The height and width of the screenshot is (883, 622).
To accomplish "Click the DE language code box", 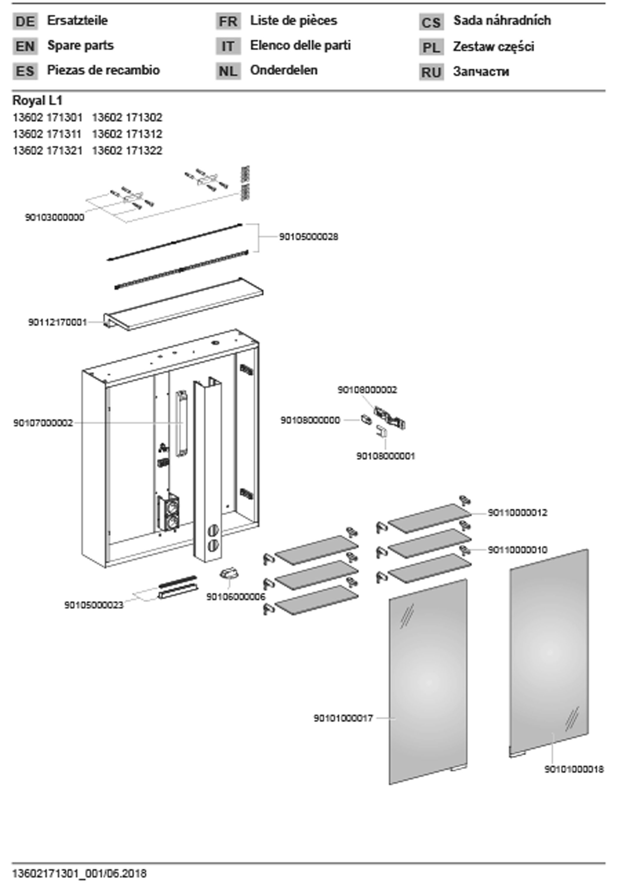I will tap(25, 21).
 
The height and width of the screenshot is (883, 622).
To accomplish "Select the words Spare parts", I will tap(80, 45).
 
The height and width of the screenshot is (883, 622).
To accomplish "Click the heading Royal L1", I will tap(37, 101).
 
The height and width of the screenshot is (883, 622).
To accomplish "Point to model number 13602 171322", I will tap(127, 150).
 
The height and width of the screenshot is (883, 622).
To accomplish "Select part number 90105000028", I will tap(309, 237).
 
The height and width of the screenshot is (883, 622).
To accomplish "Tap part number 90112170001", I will tap(58, 322).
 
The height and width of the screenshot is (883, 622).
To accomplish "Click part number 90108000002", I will tap(367, 390).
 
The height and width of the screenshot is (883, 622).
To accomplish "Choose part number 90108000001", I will tap(385, 456).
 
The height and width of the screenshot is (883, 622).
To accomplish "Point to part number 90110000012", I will tap(518, 513).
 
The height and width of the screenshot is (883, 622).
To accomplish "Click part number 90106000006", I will tap(236, 597).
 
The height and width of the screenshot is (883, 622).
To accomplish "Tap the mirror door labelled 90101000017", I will tap(428, 681).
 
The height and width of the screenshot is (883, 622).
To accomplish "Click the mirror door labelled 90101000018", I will tap(549, 650).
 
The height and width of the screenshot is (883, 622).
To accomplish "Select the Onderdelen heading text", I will tap(284, 70).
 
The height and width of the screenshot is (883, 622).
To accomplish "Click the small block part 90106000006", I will tap(229, 575).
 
